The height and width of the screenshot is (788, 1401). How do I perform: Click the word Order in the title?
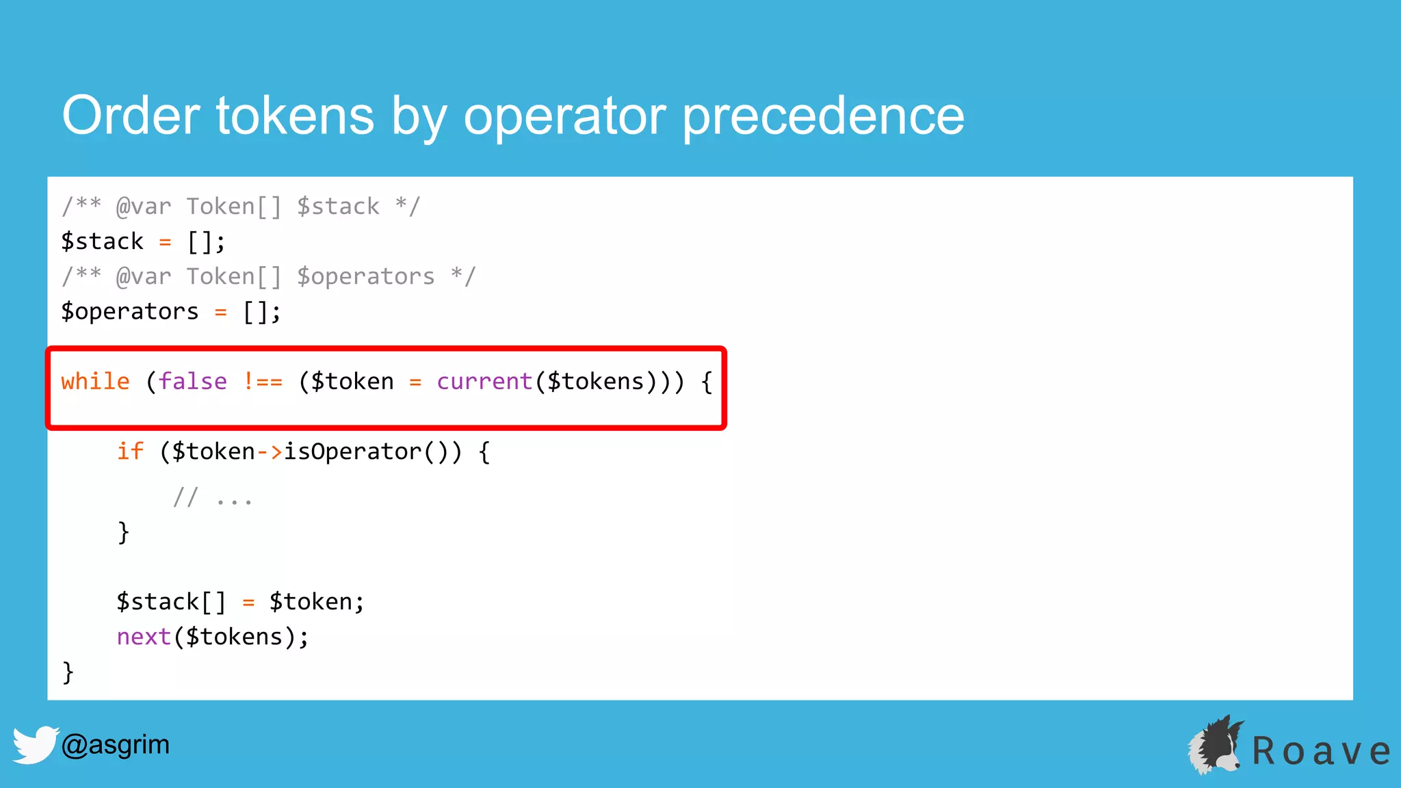point(131,115)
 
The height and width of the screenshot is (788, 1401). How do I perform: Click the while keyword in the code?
point(95,381)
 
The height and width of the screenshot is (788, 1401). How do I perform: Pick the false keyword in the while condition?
point(192,381)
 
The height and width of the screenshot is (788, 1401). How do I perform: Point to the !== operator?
point(263,381)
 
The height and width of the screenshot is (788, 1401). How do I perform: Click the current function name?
point(484,381)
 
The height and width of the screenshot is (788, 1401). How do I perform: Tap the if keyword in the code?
point(130,451)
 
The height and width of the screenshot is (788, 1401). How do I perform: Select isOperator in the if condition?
point(352,451)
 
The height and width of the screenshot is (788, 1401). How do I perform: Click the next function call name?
point(143,637)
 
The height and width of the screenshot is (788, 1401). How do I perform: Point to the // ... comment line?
point(213,497)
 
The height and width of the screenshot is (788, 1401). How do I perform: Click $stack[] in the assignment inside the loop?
point(170,602)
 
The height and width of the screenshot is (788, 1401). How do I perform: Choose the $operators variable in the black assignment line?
point(129,312)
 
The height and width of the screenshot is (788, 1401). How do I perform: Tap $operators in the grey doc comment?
point(365,276)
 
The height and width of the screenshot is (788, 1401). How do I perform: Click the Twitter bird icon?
point(34,744)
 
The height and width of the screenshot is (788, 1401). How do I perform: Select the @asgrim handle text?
point(115,744)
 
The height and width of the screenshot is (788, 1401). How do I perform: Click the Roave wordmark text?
point(1321,751)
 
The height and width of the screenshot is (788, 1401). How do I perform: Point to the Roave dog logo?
point(1216,746)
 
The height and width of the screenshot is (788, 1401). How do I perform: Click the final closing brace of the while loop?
point(68,672)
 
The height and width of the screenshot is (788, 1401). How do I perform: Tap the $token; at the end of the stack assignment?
point(316,602)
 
